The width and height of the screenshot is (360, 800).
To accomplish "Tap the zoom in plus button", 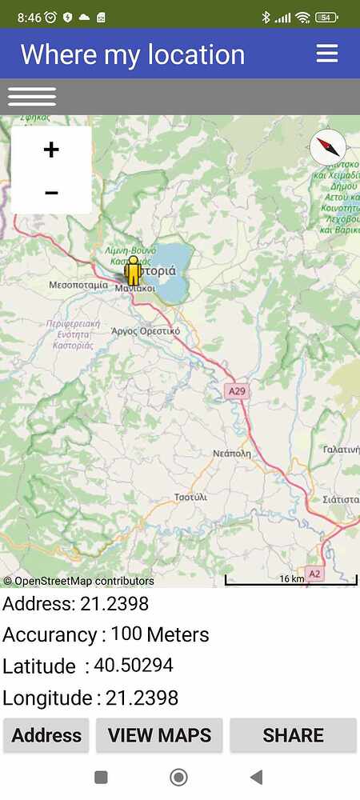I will [51, 150].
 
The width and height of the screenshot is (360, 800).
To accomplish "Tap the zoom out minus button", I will [51, 193].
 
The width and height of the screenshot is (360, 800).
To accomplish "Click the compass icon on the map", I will [328, 147].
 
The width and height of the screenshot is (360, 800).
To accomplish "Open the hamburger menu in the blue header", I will [327, 54].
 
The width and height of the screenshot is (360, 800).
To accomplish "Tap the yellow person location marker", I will [134, 274].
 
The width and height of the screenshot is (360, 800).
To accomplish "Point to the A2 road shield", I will [315, 574].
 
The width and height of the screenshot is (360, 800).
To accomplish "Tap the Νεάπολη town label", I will [231, 453].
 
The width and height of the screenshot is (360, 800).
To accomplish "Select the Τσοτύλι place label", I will [190, 497].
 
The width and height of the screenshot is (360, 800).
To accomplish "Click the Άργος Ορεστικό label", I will [146, 330].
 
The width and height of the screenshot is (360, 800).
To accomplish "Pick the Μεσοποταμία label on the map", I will [78, 285].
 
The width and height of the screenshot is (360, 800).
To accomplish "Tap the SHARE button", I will [293, 735].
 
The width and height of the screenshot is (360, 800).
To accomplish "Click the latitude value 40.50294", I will [133, 666].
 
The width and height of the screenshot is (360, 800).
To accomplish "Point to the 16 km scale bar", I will [290, 580].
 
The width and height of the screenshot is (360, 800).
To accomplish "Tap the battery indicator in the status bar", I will [326, 17].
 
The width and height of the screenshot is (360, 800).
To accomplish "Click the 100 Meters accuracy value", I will [159, 634].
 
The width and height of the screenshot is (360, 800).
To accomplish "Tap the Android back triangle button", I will [256, 777].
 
